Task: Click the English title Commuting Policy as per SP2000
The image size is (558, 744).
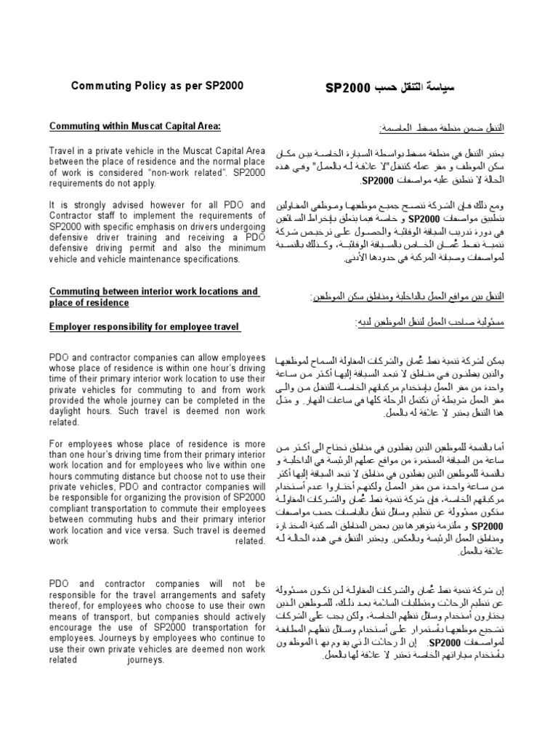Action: coord(156,86)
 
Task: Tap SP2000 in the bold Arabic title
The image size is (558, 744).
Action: coord(349,87)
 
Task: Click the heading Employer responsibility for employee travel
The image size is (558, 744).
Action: coord(145,328)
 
